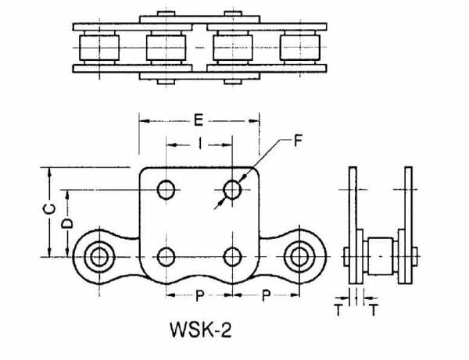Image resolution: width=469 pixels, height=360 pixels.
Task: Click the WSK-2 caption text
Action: pyautogui.click(x=201, y=330)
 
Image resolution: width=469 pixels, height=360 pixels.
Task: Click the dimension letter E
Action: pyautogui.click(x=199, y=121)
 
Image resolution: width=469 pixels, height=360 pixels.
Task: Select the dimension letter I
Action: pyautogui.click(x=200, y=144)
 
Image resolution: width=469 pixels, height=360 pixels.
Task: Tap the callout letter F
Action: pyautogui.click(x=298, y=141)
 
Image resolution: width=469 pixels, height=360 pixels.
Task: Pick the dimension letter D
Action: pyautogui.click(x=67, y=223)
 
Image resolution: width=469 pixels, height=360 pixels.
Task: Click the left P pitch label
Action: pyautogui.click(x=199, y=295)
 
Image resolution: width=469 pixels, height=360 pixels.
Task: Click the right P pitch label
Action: pyautogui.click(x=266, y=295)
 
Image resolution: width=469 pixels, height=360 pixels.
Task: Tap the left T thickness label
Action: pyautogui.click(x=338, y=309)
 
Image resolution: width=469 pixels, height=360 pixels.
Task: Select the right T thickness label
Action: pyautogui.click(x=374, y=309)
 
